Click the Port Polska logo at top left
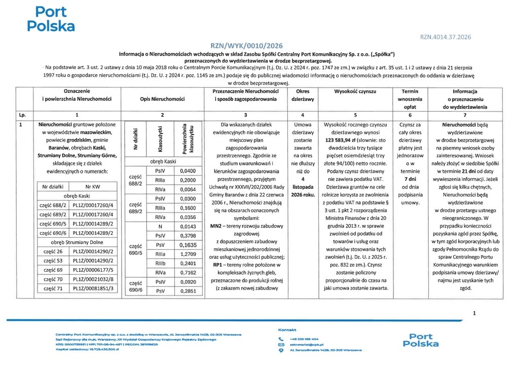(51, 19)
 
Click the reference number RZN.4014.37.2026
(446, 37)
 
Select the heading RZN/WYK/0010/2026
(246, 45)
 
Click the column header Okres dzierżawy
(302, 95)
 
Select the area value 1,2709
(188, 253)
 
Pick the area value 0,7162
(188, 273)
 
